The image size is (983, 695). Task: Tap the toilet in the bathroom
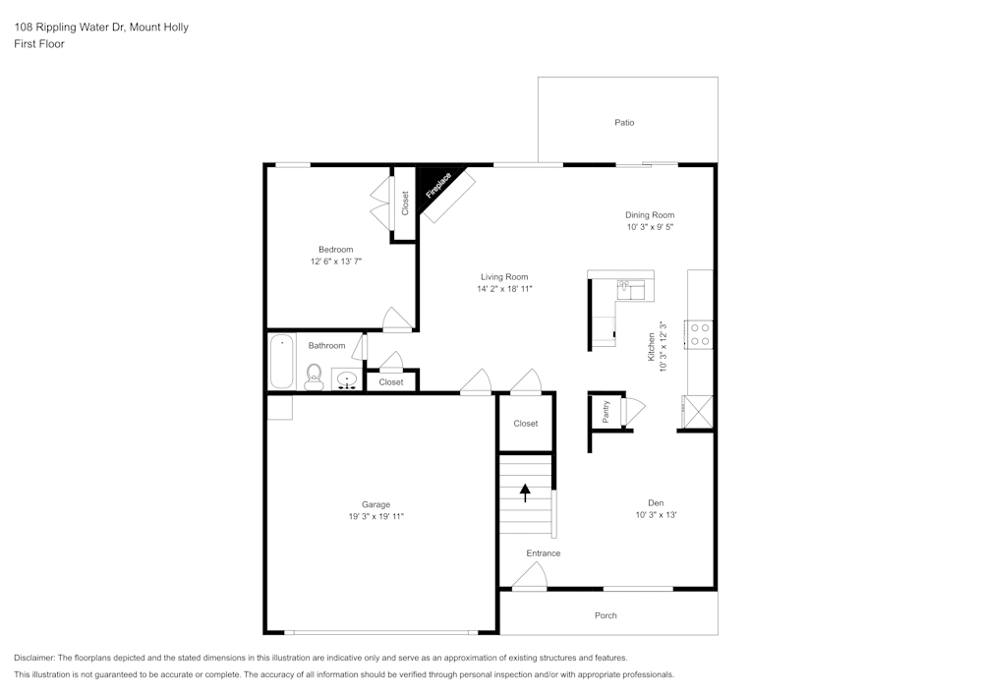tap(314, 374)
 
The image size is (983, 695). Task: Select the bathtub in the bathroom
tap(282, 361)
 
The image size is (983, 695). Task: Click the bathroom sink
tap(347, 379)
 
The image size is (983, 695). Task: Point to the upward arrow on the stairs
tap(525, 492)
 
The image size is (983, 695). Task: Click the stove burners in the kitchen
tap(701, 334)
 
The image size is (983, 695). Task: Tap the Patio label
tap(624, 123)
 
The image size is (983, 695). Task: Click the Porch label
tap(606, 615)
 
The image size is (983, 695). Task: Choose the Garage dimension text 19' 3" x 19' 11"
tap(376, 516)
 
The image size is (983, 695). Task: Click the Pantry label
tap(606, 411)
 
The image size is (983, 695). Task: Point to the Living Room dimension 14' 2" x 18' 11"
tap(504, 289)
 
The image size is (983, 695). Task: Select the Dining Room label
tap(650, 214)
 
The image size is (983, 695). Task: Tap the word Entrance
tap(543, 553)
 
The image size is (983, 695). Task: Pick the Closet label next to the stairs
tap(526, 424)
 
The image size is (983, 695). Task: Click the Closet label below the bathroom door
tap(391, 382)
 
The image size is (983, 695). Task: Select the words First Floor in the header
tap(39, 44)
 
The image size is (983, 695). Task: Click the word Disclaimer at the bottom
tap(34, 658)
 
